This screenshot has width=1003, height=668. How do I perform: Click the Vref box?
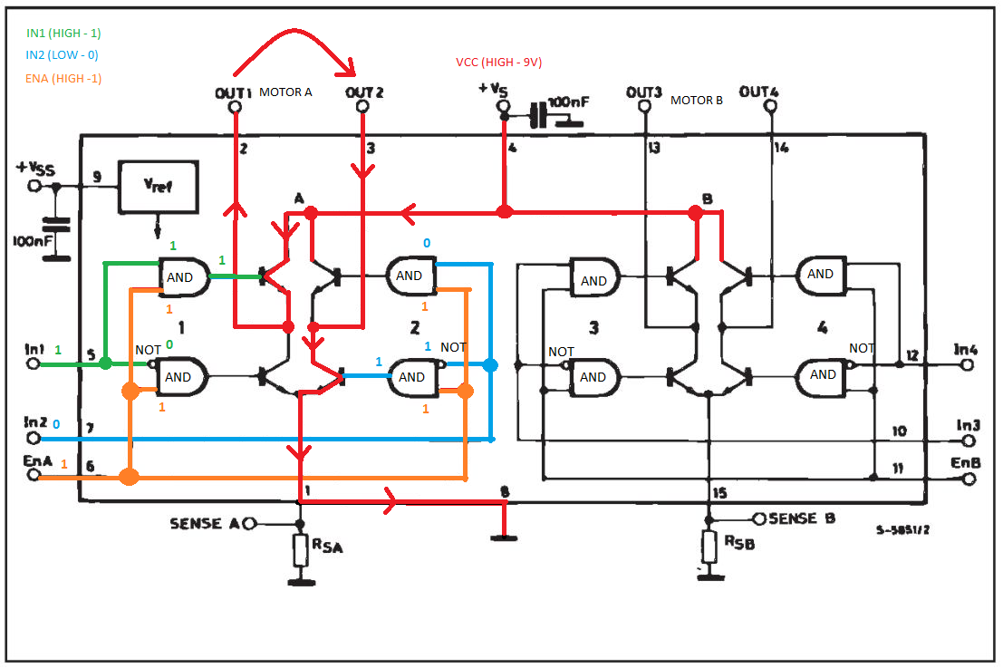click(158, 187)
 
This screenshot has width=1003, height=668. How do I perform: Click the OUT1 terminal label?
click(234, 93)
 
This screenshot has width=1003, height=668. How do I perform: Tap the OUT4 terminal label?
click(758, 92)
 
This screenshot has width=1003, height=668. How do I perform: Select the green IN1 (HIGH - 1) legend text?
click(63, 34)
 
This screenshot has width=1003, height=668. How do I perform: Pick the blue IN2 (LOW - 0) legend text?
click(62, 55)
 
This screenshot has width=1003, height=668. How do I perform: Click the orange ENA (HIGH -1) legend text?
click(63, 78)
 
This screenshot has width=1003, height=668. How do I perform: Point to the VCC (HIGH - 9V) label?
click(499, 62)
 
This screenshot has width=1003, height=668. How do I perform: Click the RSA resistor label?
click(327, 546)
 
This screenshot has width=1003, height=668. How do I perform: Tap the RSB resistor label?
click(739, 542)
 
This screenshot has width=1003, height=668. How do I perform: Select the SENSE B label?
click(802, 518)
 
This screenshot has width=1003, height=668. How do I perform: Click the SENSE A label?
click(205, 524)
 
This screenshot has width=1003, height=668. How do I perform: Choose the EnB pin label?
click(965, 462)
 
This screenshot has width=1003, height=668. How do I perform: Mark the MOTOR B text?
click(697, 101)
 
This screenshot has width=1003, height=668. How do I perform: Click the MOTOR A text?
click(285, 92)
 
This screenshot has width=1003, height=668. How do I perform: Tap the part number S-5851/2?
click(902, 530)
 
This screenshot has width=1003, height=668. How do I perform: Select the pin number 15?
click(719, 493)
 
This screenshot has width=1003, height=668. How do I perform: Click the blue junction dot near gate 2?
click(490, 365)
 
